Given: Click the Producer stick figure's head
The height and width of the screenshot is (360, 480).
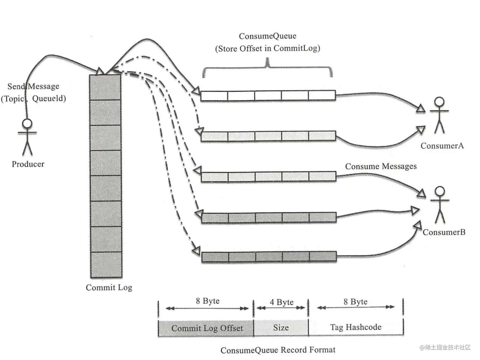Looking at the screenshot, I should tap(27, 124).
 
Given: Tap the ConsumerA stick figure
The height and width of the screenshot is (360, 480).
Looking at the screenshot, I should tap(439, 115).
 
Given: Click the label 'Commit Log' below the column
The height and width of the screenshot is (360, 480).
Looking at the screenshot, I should tap(109, 287).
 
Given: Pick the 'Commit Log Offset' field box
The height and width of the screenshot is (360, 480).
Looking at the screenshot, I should tap(206, 328).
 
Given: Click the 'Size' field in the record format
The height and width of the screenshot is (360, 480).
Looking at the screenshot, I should tap(281, 328).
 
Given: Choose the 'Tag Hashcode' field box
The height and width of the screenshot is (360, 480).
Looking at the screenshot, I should tap(356, 327).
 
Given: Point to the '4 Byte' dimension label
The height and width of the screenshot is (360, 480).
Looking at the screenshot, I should tap(282, 302).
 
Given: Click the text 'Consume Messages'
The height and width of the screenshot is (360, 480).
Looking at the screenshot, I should tap(381, 166).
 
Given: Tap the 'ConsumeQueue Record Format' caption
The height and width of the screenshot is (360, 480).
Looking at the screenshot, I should tap(278, 350).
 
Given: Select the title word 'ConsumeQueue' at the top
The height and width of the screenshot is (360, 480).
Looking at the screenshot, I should tap(267, 36).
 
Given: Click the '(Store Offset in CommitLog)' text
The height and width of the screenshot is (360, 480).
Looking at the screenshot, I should tap(267, 48).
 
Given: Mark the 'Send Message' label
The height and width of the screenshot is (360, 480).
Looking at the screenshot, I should tap(33, 86).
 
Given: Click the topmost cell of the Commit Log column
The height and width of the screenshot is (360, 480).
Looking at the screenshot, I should tap(105, 87).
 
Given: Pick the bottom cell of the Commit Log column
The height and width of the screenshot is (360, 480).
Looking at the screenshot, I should tap(106, 265).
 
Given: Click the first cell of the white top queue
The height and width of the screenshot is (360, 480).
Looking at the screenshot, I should tap(214, 96).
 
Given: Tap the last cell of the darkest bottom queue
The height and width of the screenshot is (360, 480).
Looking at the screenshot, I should tap(322, 256).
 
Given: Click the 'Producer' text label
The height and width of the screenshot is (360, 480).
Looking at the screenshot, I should tap(28, 164).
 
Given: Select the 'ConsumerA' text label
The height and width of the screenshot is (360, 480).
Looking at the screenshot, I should tap(442, 146).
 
